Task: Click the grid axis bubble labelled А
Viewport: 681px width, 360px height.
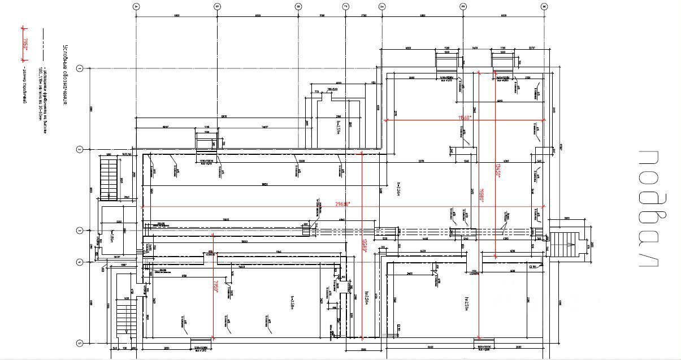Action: [x=136, y=7]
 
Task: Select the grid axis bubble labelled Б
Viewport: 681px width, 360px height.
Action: [x=218, y=7]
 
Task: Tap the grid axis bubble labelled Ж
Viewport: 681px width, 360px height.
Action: [x=544, y=7]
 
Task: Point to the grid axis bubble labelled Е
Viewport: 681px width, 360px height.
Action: [x=463, y=7]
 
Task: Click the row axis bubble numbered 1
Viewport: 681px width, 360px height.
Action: [x=80, y=68]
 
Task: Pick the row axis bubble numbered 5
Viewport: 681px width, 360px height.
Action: [x=80, y=343]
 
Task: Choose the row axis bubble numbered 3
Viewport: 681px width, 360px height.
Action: [x=80, y=231]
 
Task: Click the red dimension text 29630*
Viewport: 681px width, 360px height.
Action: [x=342, y=204]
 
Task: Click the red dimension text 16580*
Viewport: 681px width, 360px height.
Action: [x=482, y=195]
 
